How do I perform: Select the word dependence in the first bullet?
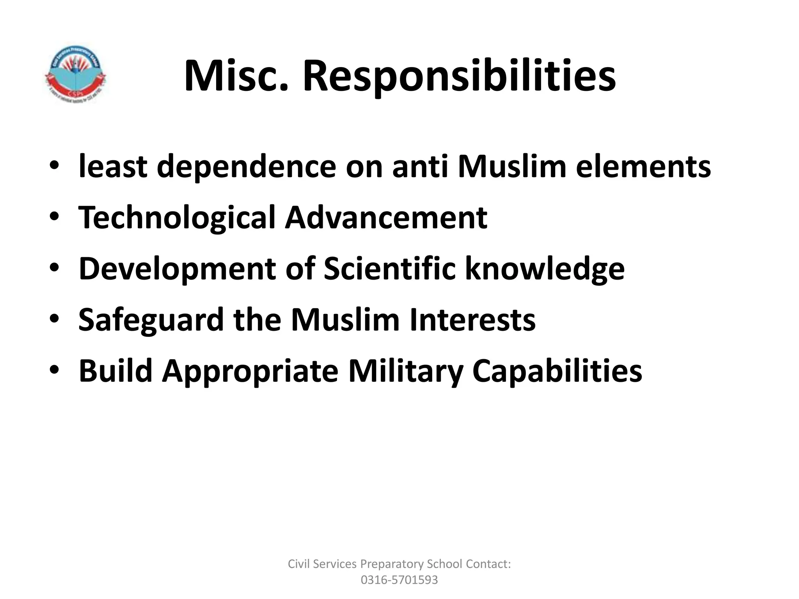(247, 167)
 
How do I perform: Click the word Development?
(177, 269)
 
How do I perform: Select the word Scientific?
(389, 269)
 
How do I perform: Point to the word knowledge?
(545, 269)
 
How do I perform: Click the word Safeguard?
(151, 320)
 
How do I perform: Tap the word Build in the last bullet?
(115, 371)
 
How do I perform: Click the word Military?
(405, 371)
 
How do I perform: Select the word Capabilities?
(557, 371)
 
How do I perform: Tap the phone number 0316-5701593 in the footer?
(399, 580)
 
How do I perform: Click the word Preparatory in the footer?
(392, 564)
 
